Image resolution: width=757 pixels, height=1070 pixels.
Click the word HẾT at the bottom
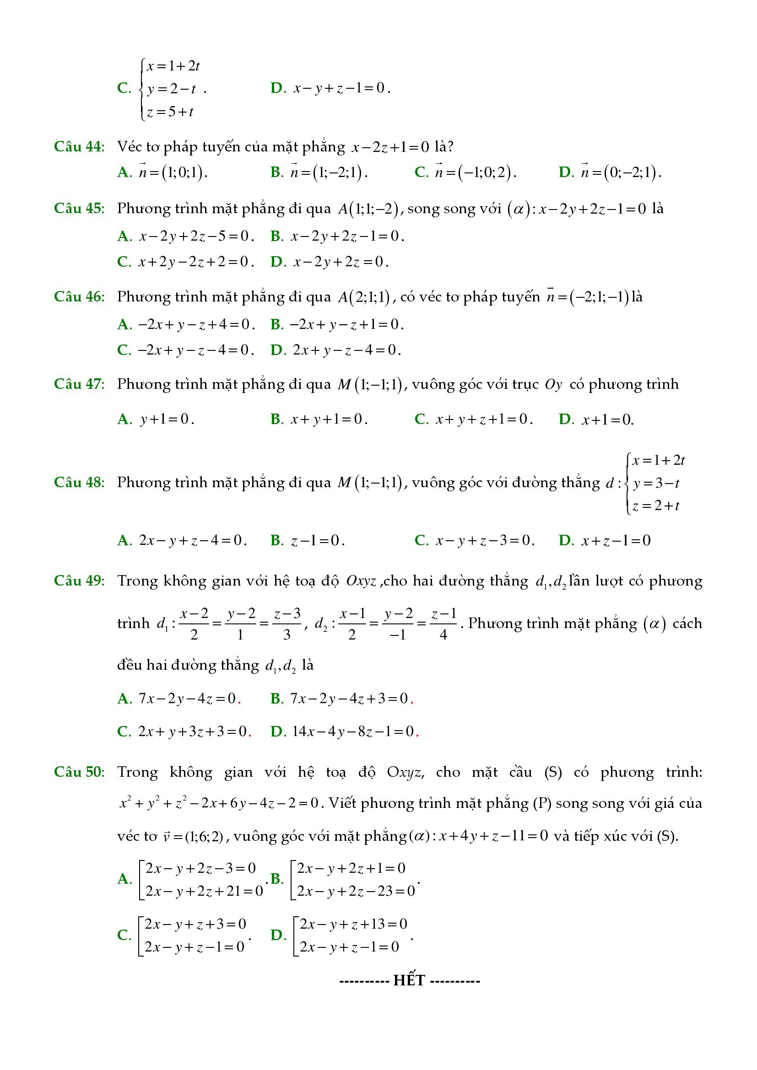pos(409,980)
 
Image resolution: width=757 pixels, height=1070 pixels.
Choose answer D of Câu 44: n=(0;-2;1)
pos(621,173)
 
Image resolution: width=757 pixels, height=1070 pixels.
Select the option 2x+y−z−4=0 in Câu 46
pos(347,349)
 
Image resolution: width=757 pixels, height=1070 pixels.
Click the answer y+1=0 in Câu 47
pos(167,419)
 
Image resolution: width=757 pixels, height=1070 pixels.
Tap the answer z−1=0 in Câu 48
pos(318,541)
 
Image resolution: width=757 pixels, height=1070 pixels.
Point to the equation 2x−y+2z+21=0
pos(204,892)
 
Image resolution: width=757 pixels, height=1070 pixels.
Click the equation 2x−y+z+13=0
pos(353,924)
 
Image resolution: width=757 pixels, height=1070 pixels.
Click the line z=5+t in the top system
pos(170,112)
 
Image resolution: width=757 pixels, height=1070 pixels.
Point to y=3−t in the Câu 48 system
pos(655,483)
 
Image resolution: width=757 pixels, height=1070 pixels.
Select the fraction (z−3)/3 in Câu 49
pos(286,624)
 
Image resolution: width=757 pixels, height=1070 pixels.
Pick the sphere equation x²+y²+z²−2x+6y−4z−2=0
pos(219,803)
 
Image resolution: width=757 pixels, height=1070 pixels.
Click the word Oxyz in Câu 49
pos(361,581)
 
